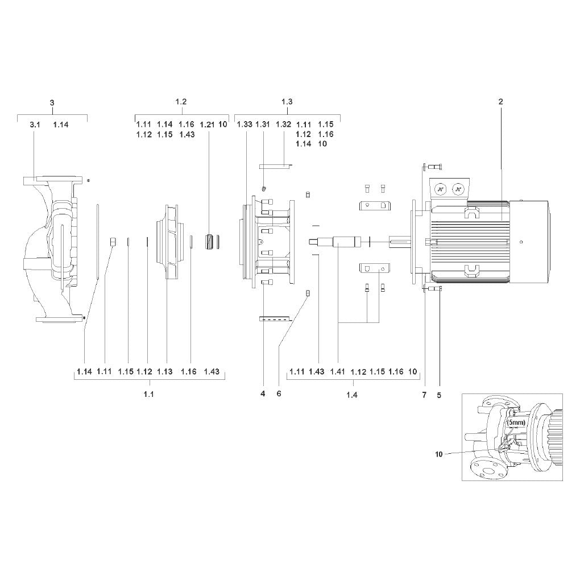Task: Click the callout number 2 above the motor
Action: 501,102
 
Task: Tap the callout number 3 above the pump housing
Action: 52,102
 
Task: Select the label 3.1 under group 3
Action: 35,125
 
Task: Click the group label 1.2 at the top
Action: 181,102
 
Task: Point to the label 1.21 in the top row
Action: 207,125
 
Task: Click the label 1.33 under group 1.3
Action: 245,125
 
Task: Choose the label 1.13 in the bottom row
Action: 164,371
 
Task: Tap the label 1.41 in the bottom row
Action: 337,371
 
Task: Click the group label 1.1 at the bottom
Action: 149,394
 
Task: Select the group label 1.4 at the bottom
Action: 352,395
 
